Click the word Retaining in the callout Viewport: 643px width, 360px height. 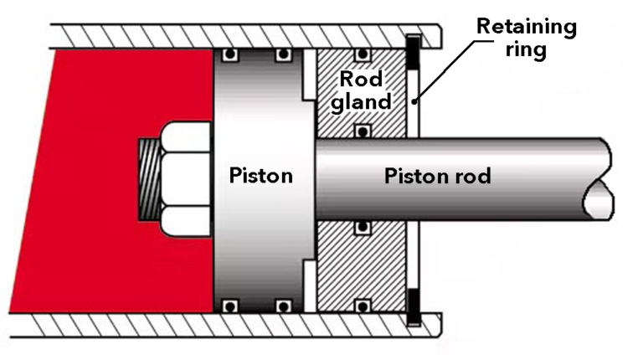(527, 26)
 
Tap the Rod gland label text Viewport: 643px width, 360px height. (363, 90)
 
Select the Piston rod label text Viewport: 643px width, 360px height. (437, 177)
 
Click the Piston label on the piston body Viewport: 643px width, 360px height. (260, 177)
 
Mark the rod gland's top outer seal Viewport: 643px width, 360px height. (362, 56)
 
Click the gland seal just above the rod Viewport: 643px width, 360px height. (362, 131)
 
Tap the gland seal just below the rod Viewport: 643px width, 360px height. (362, 227)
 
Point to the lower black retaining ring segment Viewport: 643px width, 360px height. (411, 305)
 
